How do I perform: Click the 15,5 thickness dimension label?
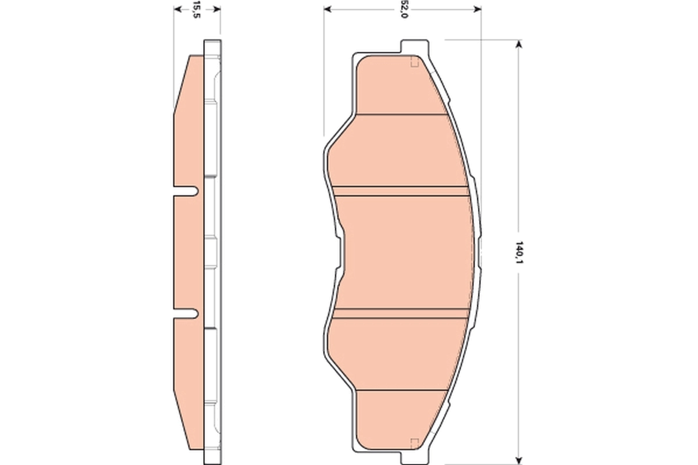[x=197, y=10]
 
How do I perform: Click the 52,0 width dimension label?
[x=403, y=10]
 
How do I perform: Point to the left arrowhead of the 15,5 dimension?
[x=177, y=9]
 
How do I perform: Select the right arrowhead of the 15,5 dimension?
[x=218, y=9]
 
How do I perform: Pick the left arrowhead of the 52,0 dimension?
[x=327, y=9]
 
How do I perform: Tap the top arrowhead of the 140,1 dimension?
[x=518, y=44]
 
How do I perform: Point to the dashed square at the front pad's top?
[x=415, y=62]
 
